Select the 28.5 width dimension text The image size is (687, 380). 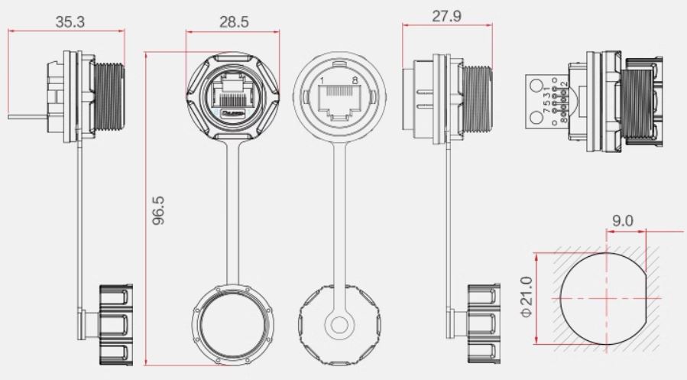pyautogui.click(x=234, y=21)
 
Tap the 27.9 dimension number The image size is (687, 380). pyautogui.click(x=446, y=16)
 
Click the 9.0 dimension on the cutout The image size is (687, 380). pyautogui.click(x=624, y=219)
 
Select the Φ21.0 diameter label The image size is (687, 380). pyautogui.click(x=525, y=297)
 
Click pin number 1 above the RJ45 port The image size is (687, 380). pyautogui.click(x=322, y=80)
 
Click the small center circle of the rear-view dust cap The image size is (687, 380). pyautogui.click(x=339, y=323)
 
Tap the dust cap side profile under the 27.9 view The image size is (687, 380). pyautogui.click(x=483, y=324)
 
